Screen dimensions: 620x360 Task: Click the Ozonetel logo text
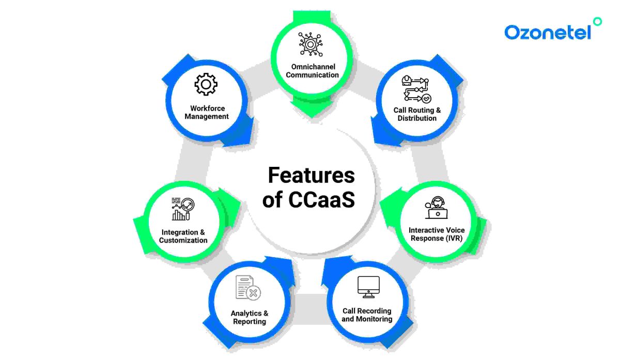click(x=548, y=33)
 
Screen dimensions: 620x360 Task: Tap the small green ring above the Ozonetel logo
click(x=597, y=21)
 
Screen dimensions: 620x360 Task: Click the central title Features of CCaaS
click(x=310, y=187)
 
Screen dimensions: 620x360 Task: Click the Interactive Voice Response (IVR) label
click(x=437, y=234)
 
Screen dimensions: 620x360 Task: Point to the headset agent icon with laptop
click(x=437, y=208)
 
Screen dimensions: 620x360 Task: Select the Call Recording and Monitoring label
click(x=367, y=315)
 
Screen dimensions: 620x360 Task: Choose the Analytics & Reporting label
click(x=250, y=317)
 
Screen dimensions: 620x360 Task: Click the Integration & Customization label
click(x=183, y=236)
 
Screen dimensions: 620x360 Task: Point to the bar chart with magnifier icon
click(x=183, y=208)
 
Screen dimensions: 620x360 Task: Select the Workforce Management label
click(x=209, y=112)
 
